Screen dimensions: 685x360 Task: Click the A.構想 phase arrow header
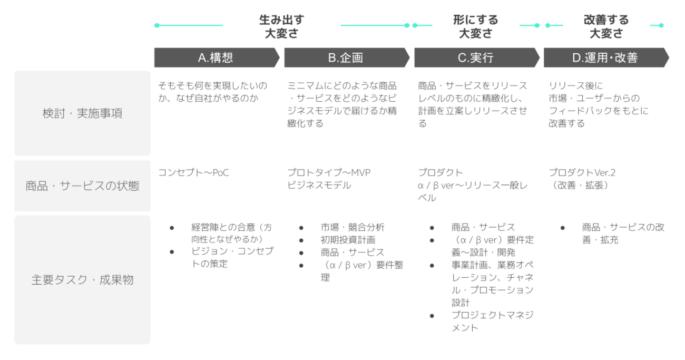[x=217, y=57]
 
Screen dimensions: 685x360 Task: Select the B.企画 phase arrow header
[x=347, y=57]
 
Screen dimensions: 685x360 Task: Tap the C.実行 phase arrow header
[x=477, y=57]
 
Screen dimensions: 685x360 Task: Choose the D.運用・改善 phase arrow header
[x=606, y=57]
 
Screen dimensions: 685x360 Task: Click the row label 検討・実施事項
[x=82, y=113]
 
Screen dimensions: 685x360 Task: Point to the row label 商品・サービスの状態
[x=82, y=186]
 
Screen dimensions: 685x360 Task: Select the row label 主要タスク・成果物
[x=82, y=280]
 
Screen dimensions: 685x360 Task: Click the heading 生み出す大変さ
[x=282, y=26]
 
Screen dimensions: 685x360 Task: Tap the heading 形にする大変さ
[x=475, y=26]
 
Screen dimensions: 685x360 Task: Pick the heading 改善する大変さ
[x=606, y=26]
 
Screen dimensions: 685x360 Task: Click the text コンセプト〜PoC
[x=193, y=172]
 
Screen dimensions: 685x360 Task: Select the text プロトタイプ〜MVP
[x=329, y=172]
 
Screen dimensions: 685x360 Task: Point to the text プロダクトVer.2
[x=582, y=172]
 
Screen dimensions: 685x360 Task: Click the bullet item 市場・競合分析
[x=353, y=227]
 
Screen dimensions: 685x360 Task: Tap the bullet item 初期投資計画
[x=348, y=240]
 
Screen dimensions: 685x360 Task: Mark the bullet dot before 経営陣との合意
[x=172, y=228]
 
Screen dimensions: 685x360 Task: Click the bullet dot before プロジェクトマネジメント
[x=432, y=316]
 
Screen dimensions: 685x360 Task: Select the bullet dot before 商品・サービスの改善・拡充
[x=562, y=228]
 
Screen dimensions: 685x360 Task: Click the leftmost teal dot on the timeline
[x=157, y=25]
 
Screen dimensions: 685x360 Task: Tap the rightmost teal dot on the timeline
[x=661, y=25]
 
